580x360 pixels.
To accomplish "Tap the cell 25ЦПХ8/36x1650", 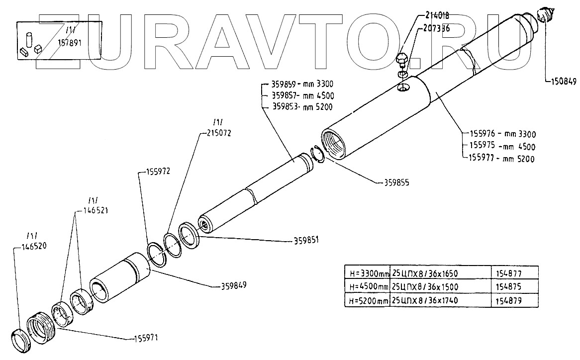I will (424, 273).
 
